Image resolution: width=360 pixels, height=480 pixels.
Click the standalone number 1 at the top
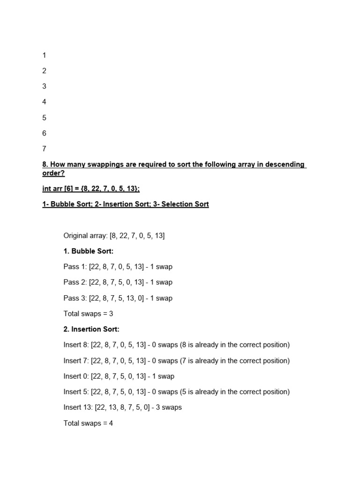pos(45,55)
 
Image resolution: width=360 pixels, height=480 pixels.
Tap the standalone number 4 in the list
pos(45,102)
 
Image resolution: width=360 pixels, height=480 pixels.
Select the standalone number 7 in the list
pos(45,149)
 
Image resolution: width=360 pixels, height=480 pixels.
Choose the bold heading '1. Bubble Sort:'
pos(89,251)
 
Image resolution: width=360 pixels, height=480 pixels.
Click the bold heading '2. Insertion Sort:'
pos(91,329)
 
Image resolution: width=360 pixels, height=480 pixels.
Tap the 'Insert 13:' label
pos(78,407)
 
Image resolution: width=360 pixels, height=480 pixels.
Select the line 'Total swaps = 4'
pos(89,423)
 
